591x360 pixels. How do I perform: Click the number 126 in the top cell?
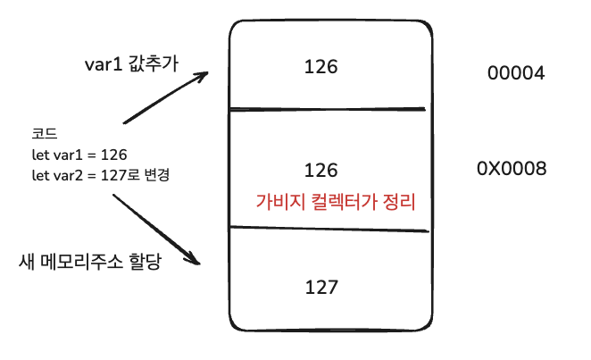coord(320,66)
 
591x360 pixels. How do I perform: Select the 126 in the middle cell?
coord(320,169)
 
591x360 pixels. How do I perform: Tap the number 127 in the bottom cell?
coord(320,287)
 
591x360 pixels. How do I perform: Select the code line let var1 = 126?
coord(79,155)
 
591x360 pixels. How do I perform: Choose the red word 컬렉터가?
coord(343,202)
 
